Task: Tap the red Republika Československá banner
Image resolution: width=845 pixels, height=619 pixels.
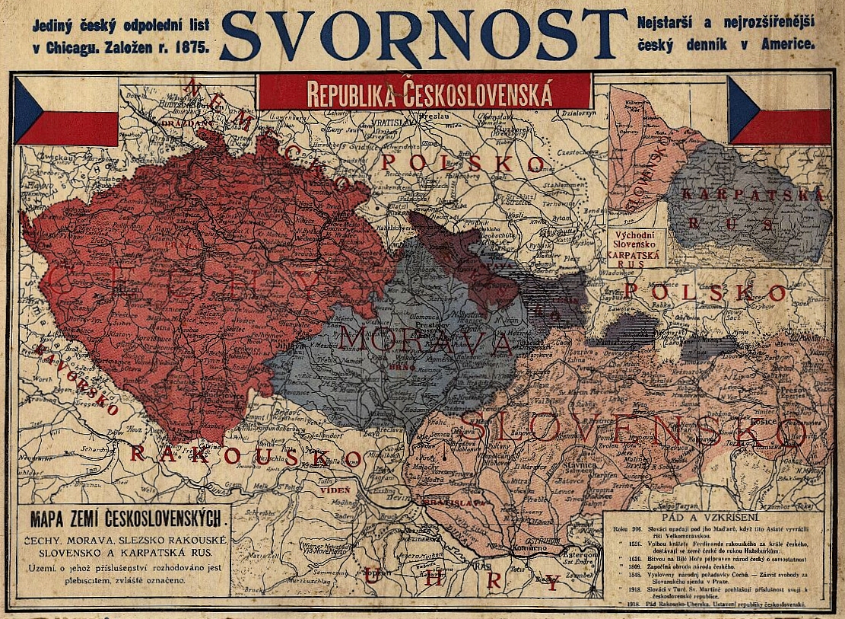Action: pos(424,91)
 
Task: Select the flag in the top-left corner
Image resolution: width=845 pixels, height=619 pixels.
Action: pos(65,111)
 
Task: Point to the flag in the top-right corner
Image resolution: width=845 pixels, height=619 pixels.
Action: pos(779,110)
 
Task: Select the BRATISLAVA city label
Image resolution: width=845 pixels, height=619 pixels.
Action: pos(437,502)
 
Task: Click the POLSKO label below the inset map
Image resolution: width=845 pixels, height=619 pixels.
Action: pos(704,292)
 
